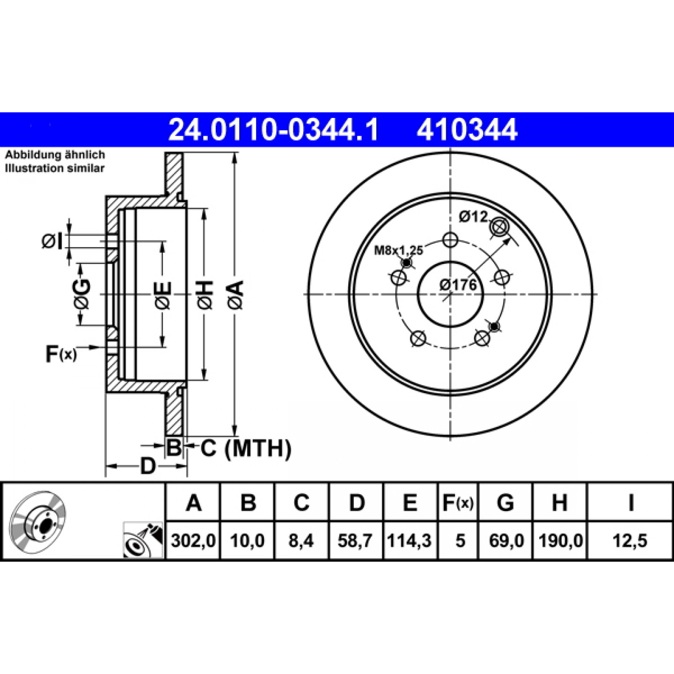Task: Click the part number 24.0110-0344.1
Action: pos(273,130)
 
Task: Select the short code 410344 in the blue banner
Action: pos(467,130)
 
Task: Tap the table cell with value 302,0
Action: pos(193,541)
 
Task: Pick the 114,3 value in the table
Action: pos(410,541)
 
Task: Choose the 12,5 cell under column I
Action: pos(630,541)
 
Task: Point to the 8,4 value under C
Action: pos(301,541)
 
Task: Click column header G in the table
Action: pos(505,503)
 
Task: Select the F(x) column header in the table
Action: pos(458,503)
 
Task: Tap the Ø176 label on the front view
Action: pos(458,285)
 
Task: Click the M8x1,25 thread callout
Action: pos(399,250)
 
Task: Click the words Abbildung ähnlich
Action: pos(55,154)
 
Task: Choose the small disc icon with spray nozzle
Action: pos(143,540)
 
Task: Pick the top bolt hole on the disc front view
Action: pos(450,240)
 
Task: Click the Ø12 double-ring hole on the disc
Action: pos(499,227)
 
